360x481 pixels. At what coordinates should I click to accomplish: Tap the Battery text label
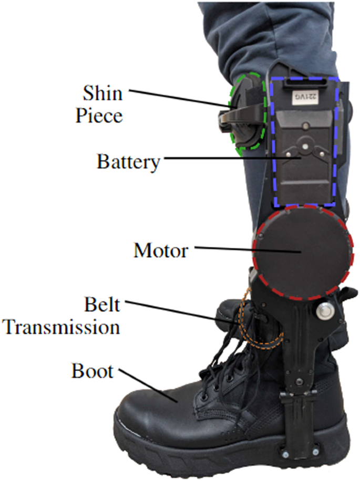click(128, 162)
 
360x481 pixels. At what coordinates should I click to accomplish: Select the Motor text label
click(161, 250)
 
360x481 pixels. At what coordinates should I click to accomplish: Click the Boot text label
click(92, 372)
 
